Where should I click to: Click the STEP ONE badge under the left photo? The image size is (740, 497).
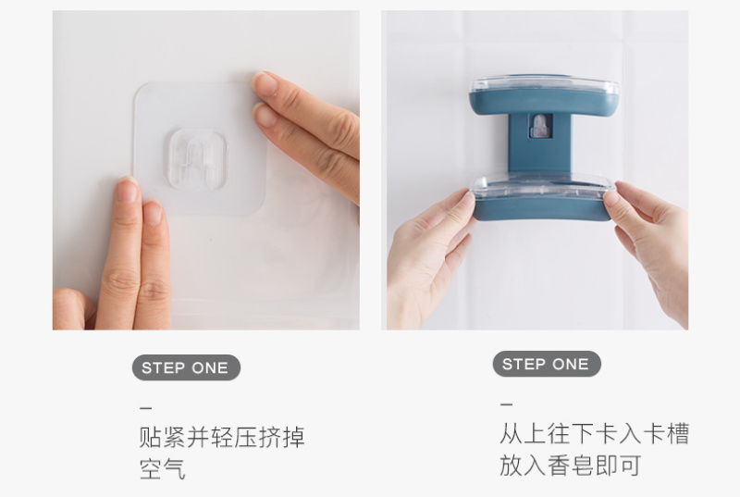[x=186, y=367]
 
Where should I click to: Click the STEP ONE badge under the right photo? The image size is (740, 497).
[x=547, y=364]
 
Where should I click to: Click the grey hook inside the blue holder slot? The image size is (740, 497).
[x=539, y=126]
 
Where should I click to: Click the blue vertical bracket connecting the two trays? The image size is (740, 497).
[x=540, y=142]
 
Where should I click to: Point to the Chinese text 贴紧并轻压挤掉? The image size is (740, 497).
[x=222, y=437]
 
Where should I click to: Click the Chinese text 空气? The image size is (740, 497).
[x=163, y=469]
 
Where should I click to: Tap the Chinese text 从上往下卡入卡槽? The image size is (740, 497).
[x=594, y=433]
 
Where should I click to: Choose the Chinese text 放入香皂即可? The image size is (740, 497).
[x=570, y=466]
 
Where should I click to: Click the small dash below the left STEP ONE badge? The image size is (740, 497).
[x=146, y=408]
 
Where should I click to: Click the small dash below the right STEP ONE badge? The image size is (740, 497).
[x=506, y=404]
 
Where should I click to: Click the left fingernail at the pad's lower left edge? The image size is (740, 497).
[x=128, y=190]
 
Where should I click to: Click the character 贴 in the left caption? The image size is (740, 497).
[x=151, y=437]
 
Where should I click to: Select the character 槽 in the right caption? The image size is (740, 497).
[x=678, y=433]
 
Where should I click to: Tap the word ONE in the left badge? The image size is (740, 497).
[x=210, y=367]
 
